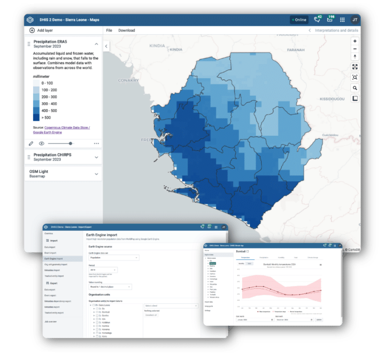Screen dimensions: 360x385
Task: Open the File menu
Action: coord(109,30)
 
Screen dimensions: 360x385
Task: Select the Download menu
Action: coord(127,30)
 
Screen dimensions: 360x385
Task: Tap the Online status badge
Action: coord(299,20)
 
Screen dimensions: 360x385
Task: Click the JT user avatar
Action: coord(355,20)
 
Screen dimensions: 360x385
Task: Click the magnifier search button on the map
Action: coord(355,88)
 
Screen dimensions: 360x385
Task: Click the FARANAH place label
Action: coord(295,50)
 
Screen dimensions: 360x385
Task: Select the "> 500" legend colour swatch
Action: coord(36,118)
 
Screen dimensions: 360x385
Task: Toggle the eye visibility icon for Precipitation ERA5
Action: coord(42,143)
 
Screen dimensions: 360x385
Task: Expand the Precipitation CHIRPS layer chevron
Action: coord(96,157)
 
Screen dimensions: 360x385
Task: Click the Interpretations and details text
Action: coord(336,30)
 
